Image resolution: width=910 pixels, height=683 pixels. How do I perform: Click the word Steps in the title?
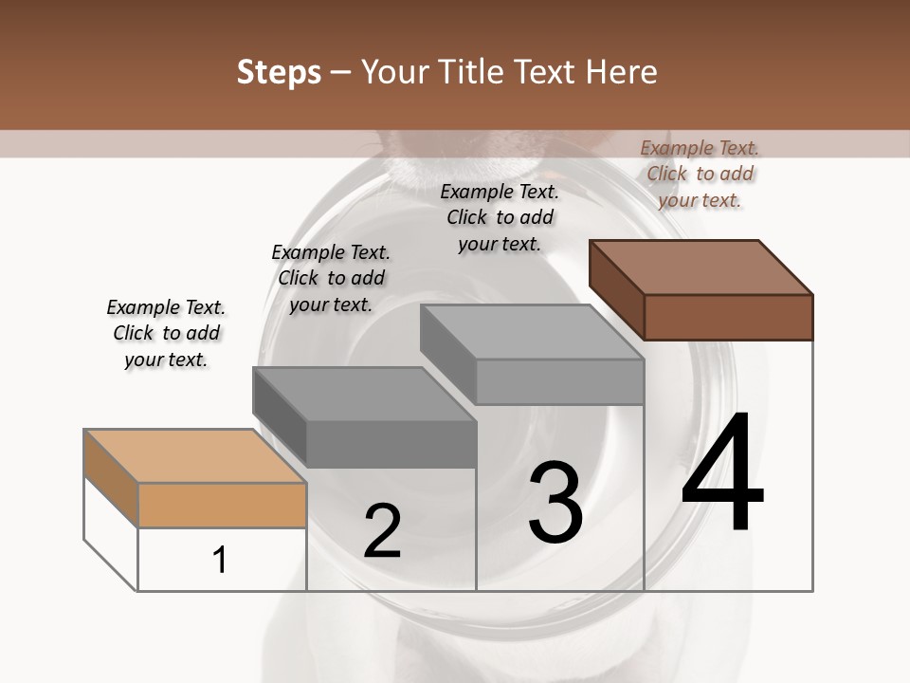pos(279,72)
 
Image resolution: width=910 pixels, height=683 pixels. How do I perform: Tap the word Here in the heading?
pos(622,72)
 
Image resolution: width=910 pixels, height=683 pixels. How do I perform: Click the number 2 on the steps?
pos(382,531)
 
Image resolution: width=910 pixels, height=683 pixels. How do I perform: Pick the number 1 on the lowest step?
pos(220,560)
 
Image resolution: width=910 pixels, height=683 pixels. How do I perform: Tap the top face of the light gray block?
pos(532,332)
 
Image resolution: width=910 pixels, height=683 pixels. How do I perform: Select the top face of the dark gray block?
pos(364,394)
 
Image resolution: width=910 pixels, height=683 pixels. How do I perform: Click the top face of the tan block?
pos(195,456)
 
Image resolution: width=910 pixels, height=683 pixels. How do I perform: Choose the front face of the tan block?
pos(222,505)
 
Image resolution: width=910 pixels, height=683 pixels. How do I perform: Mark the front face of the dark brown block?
pos(728,317)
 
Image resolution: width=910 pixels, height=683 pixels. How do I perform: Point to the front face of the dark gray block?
pos(391,444)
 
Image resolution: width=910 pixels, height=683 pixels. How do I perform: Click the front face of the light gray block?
pos(559,382)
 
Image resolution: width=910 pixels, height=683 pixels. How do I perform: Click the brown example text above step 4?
pos(700,174)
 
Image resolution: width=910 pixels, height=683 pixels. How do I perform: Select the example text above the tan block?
pos(166,333)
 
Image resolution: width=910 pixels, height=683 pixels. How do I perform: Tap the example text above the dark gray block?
pos(331,278)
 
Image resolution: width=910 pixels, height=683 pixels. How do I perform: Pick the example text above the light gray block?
pos(500,217)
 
